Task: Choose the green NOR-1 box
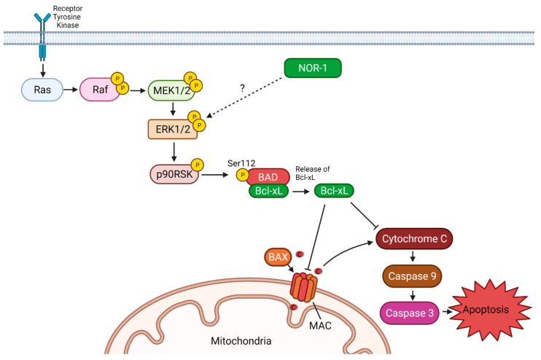click(x=311, y=71)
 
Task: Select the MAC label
click(x=321, y=325)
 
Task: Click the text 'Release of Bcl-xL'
click(x=312, y=172)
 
